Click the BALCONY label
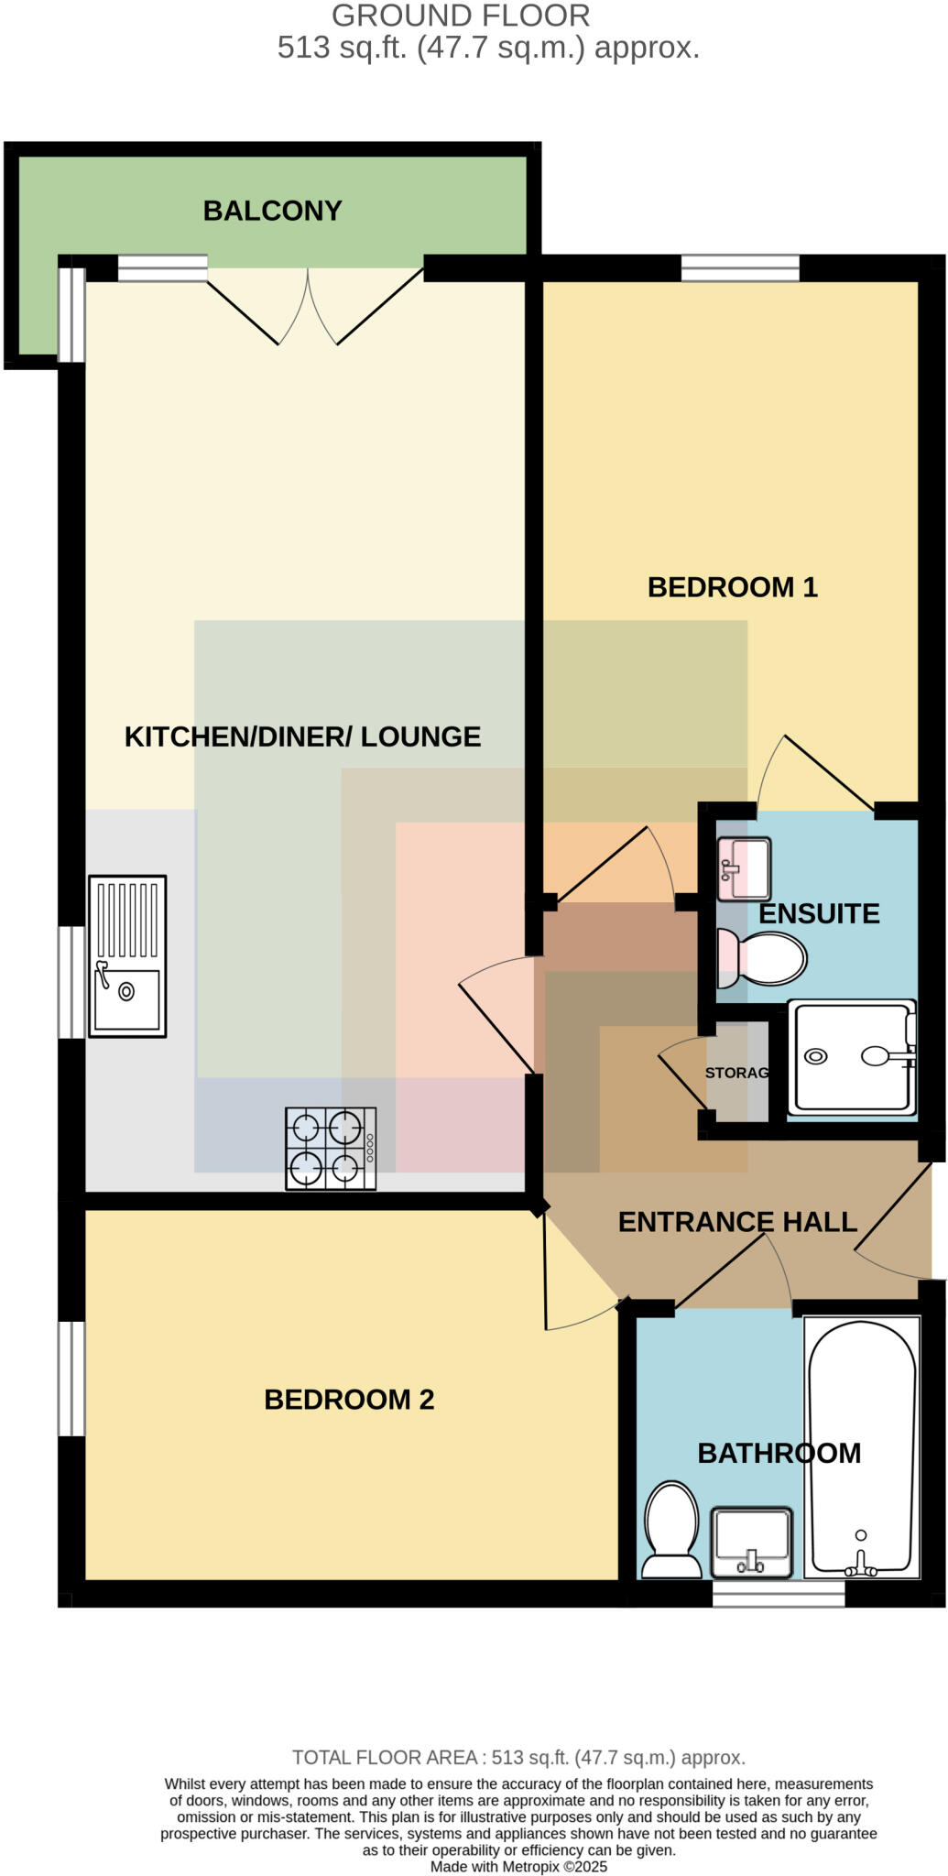click(272, 211)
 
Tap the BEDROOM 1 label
click(732, 587)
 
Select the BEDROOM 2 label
click(349, 1400)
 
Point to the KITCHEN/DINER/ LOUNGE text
click(302, 736)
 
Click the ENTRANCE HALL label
click(737, 1222)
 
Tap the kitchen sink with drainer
click(127, 956)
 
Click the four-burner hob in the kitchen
click(331, 1149)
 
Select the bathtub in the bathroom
click(861, 1448)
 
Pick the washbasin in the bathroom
click(752, 1544)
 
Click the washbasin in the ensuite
click(745, 867)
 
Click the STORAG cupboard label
click(736, 1073)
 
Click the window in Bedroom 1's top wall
click(740, 267)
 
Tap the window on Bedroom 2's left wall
click(71, 1378)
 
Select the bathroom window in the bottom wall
click(779, 1594)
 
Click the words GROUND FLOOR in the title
click(461, 16)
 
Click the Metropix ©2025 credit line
click(519, 1866)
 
